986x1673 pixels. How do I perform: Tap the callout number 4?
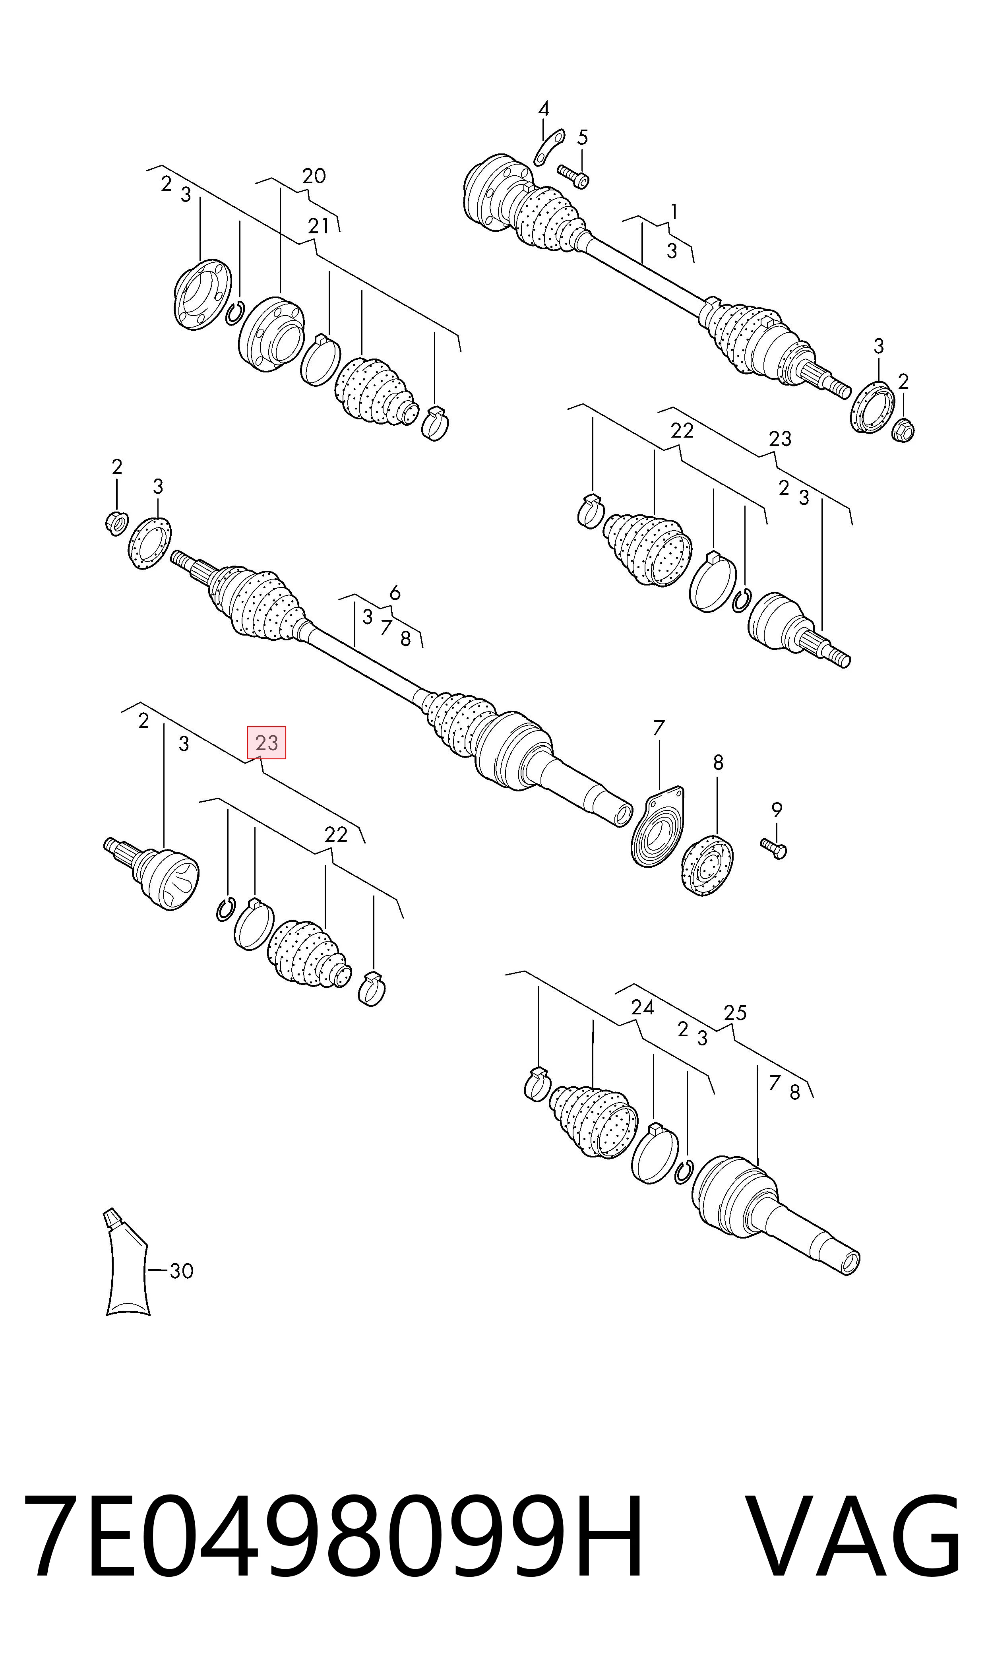[544, 108]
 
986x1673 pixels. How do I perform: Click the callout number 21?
[318, 226]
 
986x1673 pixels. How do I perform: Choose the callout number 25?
[735, 1012]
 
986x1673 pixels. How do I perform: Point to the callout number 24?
[643, 1007]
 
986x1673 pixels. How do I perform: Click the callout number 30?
[181, 1271]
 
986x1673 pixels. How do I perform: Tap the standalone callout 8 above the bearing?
[718, 762]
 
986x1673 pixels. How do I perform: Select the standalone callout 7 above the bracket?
[659, 728]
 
